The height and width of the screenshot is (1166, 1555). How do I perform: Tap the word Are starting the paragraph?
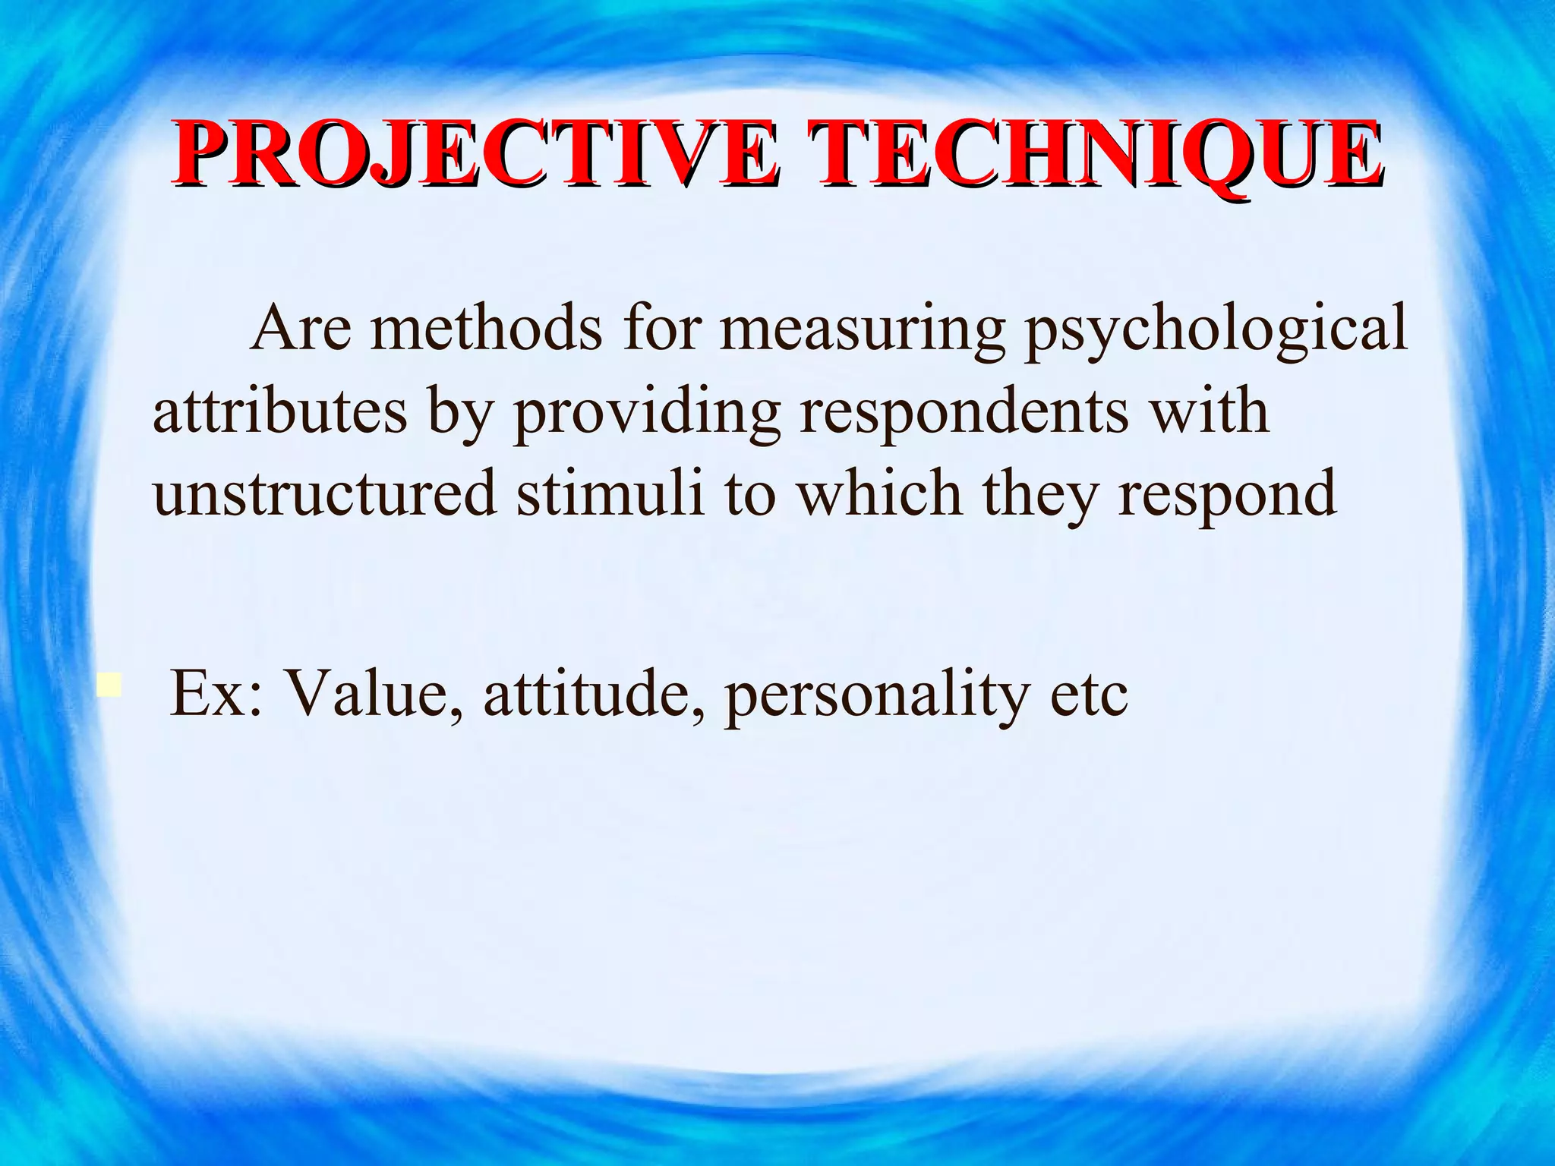301,329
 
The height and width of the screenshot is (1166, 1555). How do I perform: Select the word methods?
486,329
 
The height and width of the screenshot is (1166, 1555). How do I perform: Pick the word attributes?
279,412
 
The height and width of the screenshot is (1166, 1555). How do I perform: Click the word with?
1208,411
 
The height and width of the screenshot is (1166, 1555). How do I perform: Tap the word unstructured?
324,493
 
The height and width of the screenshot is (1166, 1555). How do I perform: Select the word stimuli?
610,493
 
